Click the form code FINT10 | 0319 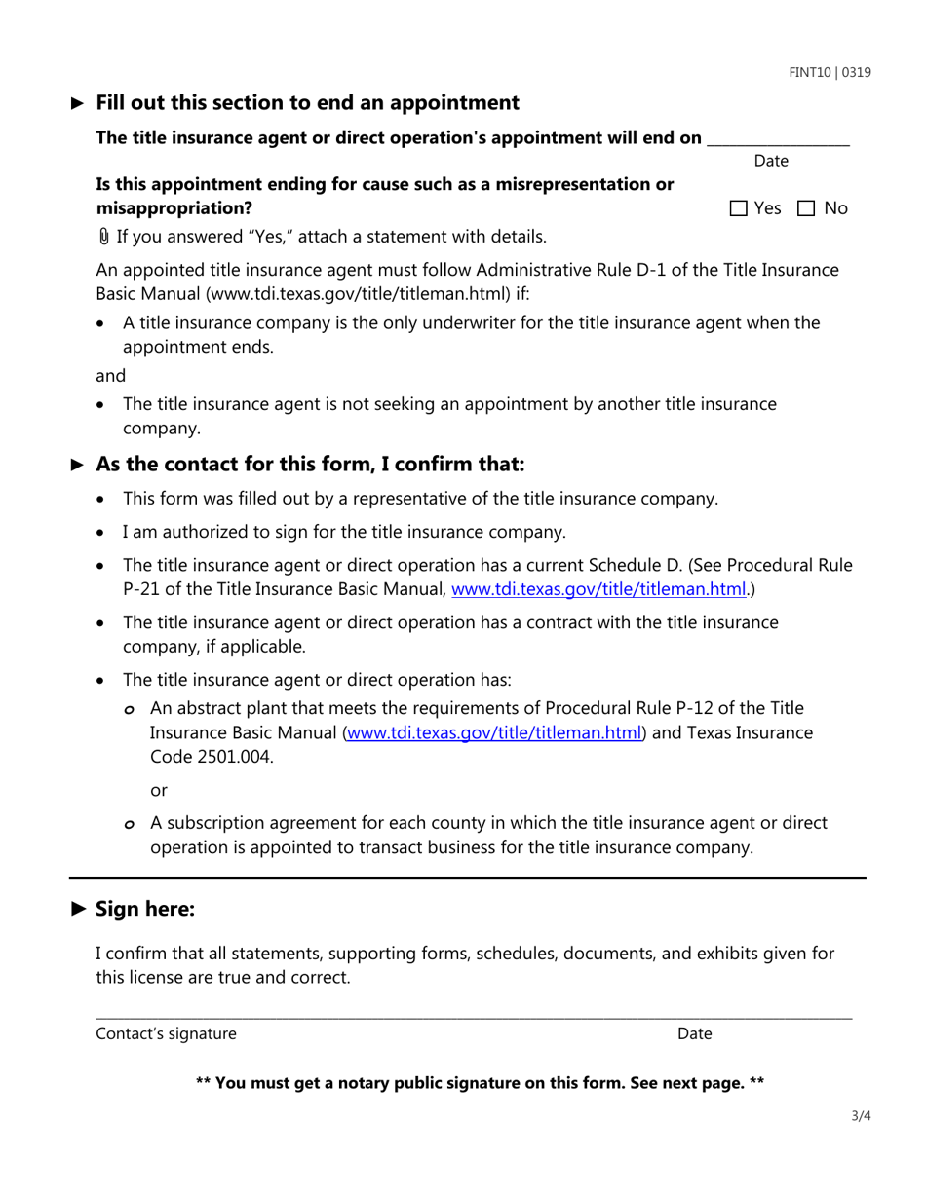point(830,73)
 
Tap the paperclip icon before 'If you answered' point(103,237)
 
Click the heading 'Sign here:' point(145,909)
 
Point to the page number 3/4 point(859,1116)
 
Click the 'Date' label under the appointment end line point(771,161)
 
